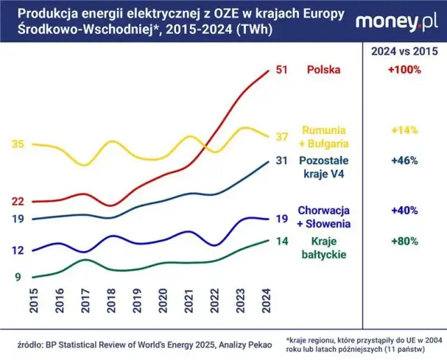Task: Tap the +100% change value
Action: click(x=404, y=70)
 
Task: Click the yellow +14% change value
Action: click(x=404, y=130)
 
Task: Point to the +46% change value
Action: click(x=404, y=161)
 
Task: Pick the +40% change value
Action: click(x=404, y=210)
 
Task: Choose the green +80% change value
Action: click(x=404, y=241)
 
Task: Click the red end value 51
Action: click(x=283, y=70)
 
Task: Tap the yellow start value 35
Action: click(x=18, y=144)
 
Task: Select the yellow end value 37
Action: click(x=283, y=136)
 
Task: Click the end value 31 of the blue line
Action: click(x=283, y=161)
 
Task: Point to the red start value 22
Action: click(x=18, y=201)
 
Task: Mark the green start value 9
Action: click(x=18, y=278)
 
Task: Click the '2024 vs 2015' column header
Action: click(x=404, y=50)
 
